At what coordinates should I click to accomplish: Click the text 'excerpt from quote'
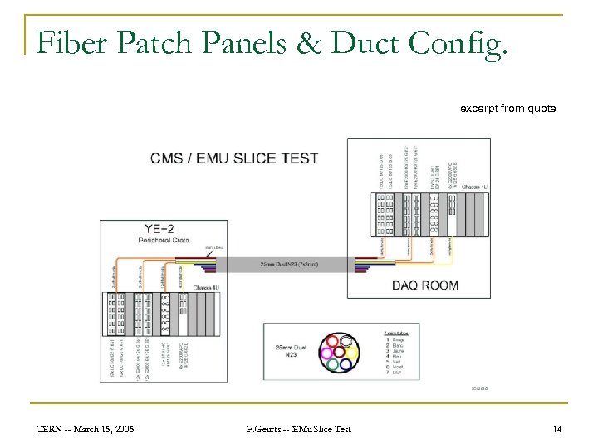tap(508, 108)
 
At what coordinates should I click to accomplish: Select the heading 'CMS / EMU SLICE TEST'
tap(234, 158)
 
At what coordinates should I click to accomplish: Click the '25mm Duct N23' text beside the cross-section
tap(287, 352)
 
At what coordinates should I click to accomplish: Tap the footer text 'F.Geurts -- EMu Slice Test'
tap(299, 429)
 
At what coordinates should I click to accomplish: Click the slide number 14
tap(556, 429)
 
